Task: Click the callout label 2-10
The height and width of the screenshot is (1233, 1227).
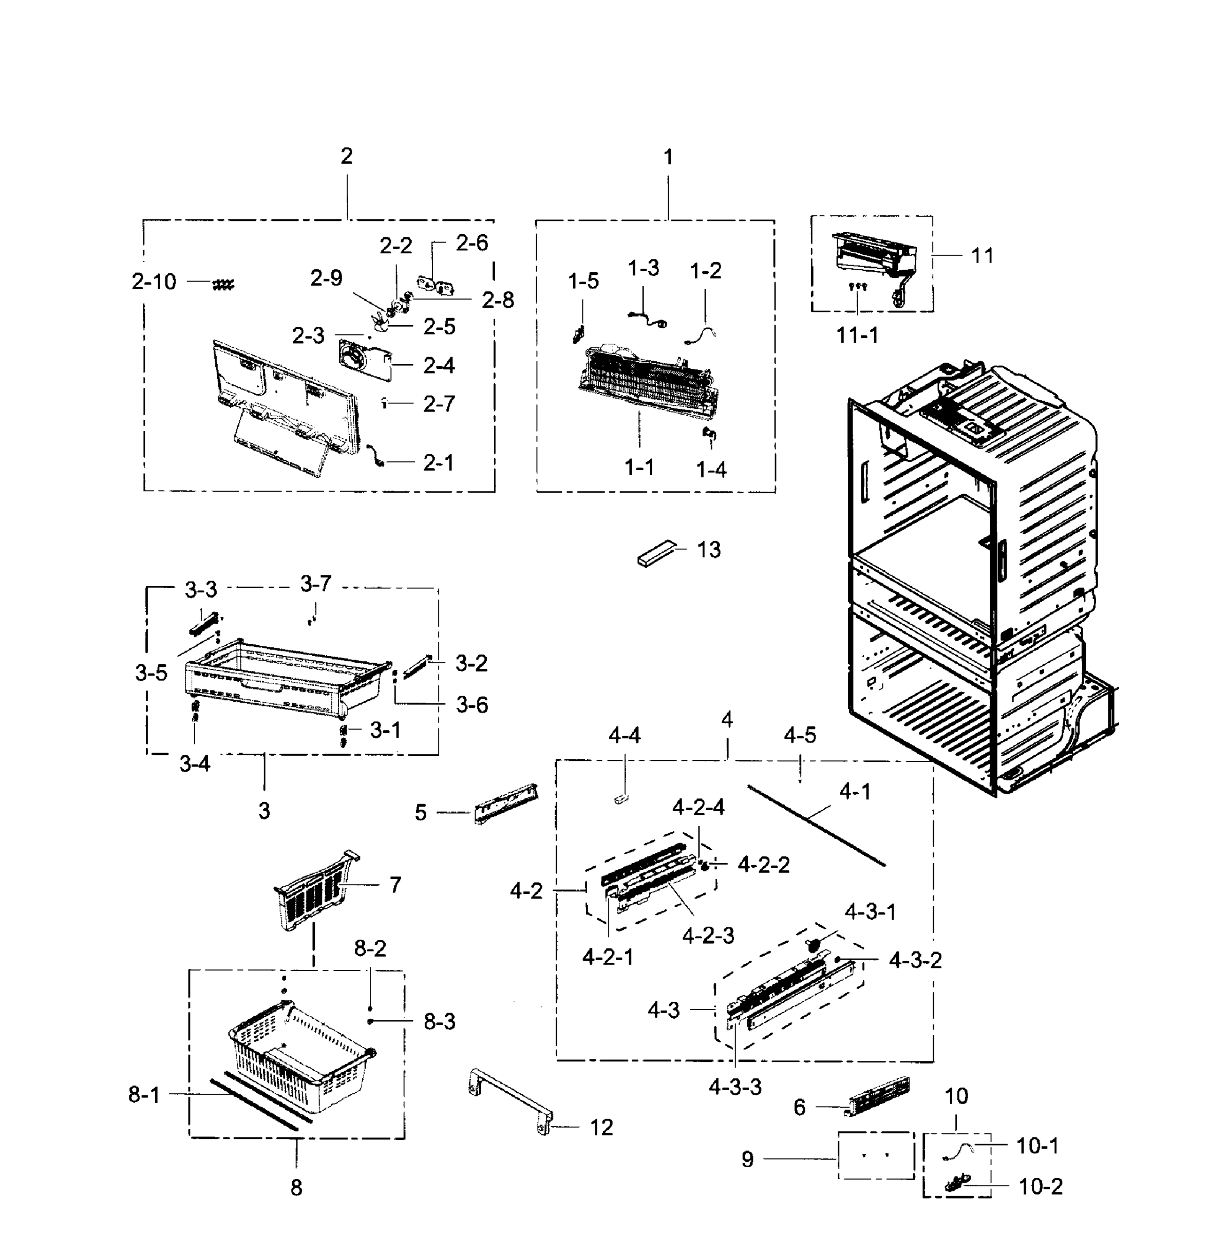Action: (x=154, y=282)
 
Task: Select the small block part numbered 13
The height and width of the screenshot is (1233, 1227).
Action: (x=656, y=553)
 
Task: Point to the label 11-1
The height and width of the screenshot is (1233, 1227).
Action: (x=857, y=334)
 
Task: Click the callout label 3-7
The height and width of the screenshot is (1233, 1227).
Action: (x=316, y=583)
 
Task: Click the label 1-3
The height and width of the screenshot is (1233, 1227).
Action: (x=643, y=268)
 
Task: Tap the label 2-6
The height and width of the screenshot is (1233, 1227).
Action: (x=471, y=243)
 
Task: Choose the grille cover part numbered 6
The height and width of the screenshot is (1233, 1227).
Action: (x=879, y=1095)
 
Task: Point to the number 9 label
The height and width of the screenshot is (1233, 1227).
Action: (x=747, y=1159)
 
